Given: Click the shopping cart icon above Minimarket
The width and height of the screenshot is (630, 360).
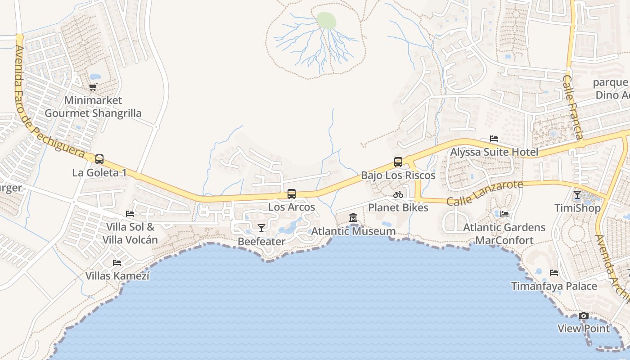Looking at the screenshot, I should coord(93,87).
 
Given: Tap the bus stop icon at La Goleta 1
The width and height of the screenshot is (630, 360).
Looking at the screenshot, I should coord(99,159).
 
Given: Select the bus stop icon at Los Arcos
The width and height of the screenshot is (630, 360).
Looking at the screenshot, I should coord(292,194).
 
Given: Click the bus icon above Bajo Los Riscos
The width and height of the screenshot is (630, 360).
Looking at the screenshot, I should coord(398,162).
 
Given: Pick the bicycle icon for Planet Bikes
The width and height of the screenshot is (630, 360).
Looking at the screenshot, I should coord(398,195).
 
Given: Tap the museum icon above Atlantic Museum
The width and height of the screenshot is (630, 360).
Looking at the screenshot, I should coord(353,218).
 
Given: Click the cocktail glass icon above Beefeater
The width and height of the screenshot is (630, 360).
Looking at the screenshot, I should coord(261,228).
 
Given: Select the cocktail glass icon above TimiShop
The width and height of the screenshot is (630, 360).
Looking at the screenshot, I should coord(577,195).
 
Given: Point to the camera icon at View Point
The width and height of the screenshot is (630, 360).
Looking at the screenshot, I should coord(584,316).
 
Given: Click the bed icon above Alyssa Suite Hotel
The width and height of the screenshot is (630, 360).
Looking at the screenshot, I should coord(494,139).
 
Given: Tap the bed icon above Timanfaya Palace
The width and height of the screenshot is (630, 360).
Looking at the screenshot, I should coord(554,273).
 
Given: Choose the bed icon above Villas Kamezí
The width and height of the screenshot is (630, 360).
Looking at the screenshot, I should coord(117,263).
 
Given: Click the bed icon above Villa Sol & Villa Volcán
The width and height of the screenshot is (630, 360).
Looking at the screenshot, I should coord(130,214).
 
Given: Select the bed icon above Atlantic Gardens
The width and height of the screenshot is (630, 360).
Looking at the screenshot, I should coord(504,214).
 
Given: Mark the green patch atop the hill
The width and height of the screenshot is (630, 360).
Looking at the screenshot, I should coord(327,20).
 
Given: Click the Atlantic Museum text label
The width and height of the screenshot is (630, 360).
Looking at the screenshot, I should coord(354,231).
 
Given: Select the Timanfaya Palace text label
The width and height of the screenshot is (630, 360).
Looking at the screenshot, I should coord(554,286).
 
